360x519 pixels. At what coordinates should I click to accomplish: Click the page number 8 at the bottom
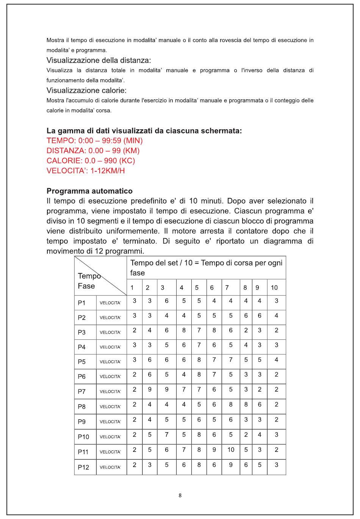[180, 495]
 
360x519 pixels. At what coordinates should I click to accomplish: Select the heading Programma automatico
[89, 191]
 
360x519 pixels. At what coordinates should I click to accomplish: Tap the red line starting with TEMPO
[94, 141]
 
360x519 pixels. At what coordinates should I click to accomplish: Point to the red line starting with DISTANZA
[93, 151]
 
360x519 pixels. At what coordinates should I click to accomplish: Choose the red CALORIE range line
[91, 160]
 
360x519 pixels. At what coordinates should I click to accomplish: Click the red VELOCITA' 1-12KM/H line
[86, 171]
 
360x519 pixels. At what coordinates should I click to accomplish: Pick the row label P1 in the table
[81, 303]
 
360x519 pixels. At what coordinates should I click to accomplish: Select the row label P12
[83, 467]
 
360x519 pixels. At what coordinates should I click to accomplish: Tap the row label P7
[81, 392]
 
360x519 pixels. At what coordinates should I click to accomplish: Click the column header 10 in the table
[274, 288]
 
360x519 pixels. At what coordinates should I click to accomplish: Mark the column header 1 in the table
[132, 288]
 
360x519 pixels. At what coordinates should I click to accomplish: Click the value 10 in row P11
[230, 450]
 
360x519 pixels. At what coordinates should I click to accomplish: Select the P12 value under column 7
[230, 465]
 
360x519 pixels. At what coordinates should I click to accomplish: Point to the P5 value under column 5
[199, 360]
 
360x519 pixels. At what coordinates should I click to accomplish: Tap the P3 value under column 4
[184, 330]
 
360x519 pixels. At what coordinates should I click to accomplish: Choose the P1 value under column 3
[166, 301]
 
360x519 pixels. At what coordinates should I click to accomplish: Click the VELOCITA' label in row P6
[110, 377]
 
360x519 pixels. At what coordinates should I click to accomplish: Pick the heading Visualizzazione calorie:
[86, 90]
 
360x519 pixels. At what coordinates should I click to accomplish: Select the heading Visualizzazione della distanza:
[99, 60]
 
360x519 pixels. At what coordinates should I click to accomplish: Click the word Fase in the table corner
[86, 286]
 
